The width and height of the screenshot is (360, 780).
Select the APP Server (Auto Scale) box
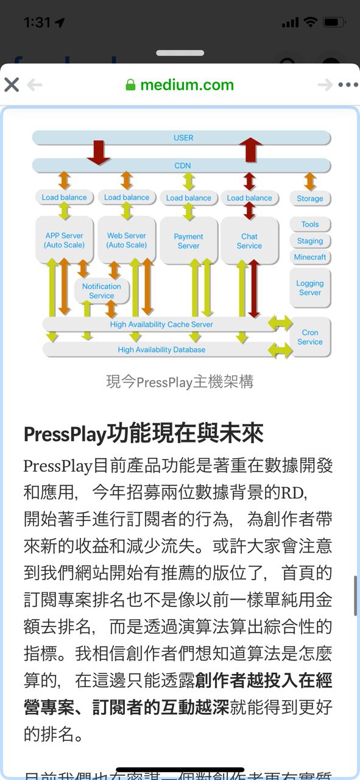(x=65, y=240)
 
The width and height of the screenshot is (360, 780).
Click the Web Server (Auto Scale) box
(x=127, y=240)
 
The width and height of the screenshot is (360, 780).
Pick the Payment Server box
(x=189, y=241)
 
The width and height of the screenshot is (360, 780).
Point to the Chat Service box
(x=250, y=241)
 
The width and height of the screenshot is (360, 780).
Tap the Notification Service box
(x=102, y=291)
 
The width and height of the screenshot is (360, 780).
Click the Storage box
(x=310, y=199)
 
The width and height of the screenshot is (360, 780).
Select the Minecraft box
(x=310, y=257)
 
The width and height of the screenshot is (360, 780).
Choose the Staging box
(x=310, y=241)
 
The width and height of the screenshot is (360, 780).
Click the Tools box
(x=310, y=224)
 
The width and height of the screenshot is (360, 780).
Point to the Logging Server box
(x=310, y=288)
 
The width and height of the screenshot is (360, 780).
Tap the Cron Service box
(x=310, y=337)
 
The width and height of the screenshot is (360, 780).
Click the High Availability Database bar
(x=161, y=349)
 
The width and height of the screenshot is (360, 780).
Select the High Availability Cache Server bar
(x=161, y=324)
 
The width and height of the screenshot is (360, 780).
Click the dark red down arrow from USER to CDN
(x=99, y=152)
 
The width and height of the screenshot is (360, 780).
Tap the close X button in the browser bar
(x=12, y=85)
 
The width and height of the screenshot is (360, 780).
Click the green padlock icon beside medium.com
(x=130, y=85)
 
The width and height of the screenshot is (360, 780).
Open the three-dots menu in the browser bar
(x=348, y=85)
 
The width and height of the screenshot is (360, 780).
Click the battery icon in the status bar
(x=334, y=23)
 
